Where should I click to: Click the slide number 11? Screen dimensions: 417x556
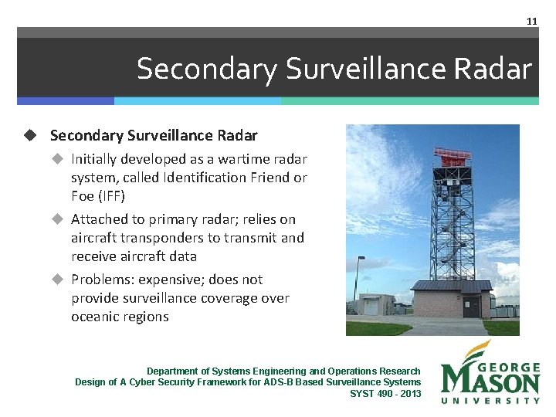click(531, 21)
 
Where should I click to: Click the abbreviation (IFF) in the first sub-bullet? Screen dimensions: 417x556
click(108, 196)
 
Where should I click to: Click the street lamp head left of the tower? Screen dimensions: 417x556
click(361, 258)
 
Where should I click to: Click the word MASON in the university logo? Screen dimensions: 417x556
click(490, 381)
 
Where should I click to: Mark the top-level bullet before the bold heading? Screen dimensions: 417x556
click(30, 135)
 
